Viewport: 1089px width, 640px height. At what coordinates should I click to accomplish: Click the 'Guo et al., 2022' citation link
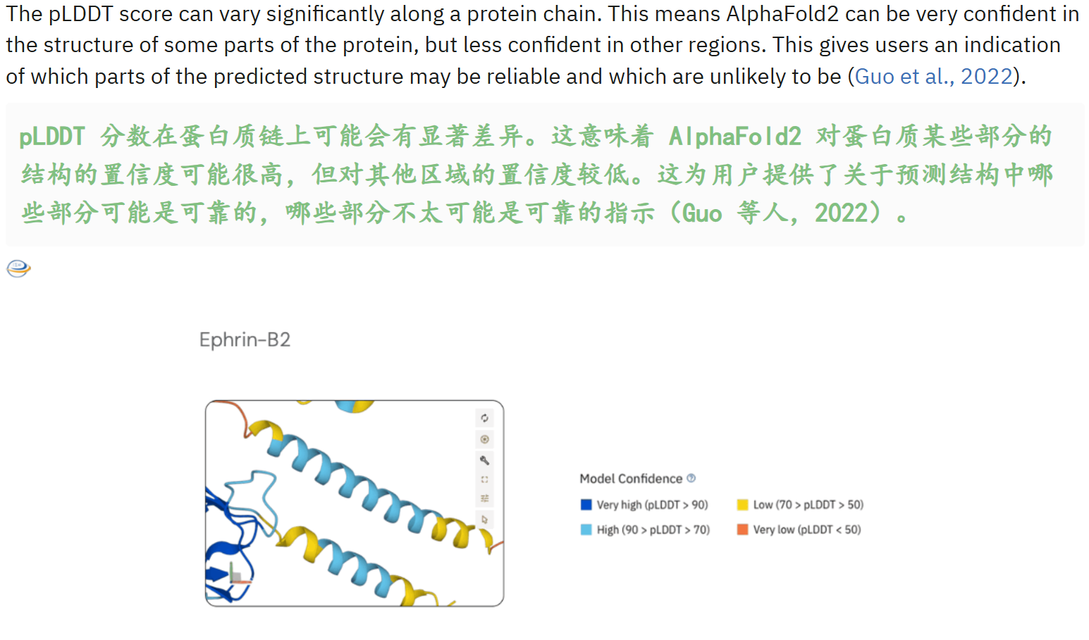click(933, 76)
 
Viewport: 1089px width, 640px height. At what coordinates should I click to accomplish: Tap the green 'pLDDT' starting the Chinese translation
click(52, 136)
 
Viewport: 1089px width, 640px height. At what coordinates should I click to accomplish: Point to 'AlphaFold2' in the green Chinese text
click(735, 136)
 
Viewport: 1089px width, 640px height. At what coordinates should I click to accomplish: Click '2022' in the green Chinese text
click(841, 213)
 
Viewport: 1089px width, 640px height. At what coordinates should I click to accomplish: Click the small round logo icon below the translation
click(18, 268)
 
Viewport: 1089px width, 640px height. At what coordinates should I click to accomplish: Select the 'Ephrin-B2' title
click(245, 340)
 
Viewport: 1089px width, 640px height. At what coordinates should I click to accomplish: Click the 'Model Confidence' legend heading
click(631, 479)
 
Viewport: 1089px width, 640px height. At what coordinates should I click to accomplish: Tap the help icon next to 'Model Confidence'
click(691, 478)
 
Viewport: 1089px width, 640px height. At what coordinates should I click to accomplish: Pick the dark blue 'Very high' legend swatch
click(586, 505)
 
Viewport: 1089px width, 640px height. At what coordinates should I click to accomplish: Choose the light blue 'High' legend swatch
click(586, 529)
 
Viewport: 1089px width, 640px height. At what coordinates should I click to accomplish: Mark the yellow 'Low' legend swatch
click(742, 505)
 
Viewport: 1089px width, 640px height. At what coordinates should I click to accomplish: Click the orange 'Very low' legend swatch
click(742, 529)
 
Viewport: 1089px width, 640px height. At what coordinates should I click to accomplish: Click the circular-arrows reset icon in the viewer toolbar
click(484, 418)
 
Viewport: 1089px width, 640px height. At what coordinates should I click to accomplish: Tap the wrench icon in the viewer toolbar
click(484, 460)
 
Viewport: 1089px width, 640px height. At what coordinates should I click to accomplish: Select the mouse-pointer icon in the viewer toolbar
click(484, 520)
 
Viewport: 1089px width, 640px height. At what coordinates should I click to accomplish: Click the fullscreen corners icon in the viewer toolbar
click(484, 479)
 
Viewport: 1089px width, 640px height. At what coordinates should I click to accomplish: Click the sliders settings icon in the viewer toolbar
click(484, 498)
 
